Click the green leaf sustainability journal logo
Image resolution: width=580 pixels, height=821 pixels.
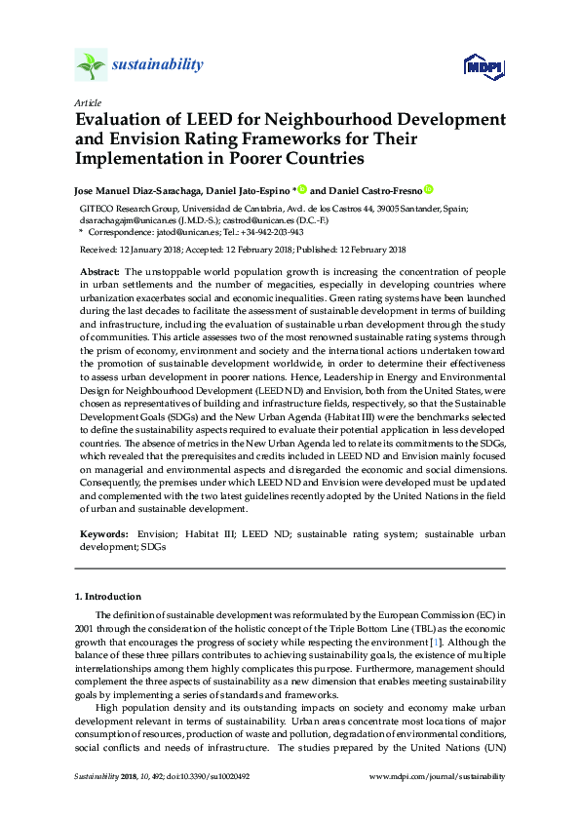[92, 65]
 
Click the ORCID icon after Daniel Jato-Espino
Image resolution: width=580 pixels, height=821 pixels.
[302, 189]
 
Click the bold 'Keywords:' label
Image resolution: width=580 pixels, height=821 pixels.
[102, 535]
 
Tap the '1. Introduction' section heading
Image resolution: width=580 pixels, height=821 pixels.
[108, 596]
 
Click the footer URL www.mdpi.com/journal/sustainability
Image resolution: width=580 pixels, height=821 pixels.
[439, 776]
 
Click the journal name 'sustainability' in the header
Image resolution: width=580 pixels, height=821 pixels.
[157, 65]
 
